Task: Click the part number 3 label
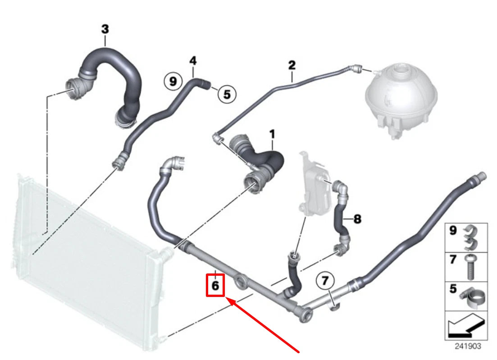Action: click(105, 30)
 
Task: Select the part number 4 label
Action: click(193, 60)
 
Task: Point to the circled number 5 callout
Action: click(227, 94)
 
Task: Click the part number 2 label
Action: click(292, 65)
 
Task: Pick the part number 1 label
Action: click(272, 134)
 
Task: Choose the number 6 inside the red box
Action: click(215, 285)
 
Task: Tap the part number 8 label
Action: click(357, 219)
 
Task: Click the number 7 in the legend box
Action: click(453, 260)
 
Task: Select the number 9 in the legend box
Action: click(453, 230)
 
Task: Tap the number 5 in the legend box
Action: click(453, 289)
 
